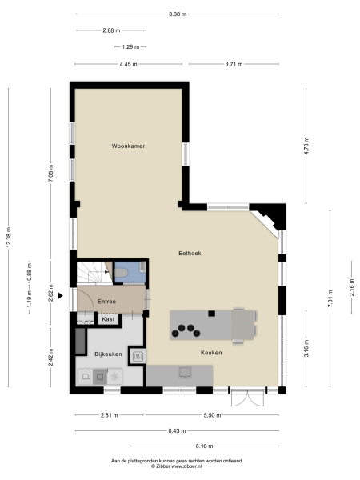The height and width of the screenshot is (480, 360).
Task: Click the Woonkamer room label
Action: pyautogui.click(x=128, y=147)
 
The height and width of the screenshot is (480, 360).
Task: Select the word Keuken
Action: pyautogui.click(x=211, y=352)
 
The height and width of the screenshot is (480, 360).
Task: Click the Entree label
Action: pyautogui.click(x=106, y=301)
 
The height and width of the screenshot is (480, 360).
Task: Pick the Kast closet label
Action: pyautogui.click(x=107, y=318)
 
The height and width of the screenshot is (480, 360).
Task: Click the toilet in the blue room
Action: pyautogui.click(x=122, y=274)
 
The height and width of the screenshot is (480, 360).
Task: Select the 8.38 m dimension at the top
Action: pyautogui.click(x=180, y=14)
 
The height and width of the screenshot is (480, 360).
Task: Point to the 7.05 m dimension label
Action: pyautogui.click(x=50, y=176)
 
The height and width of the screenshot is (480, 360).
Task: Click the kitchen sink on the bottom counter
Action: pyautogui.click(x=186, y=371)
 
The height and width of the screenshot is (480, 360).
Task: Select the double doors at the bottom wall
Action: pyautogui.click(x=246, y=397)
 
